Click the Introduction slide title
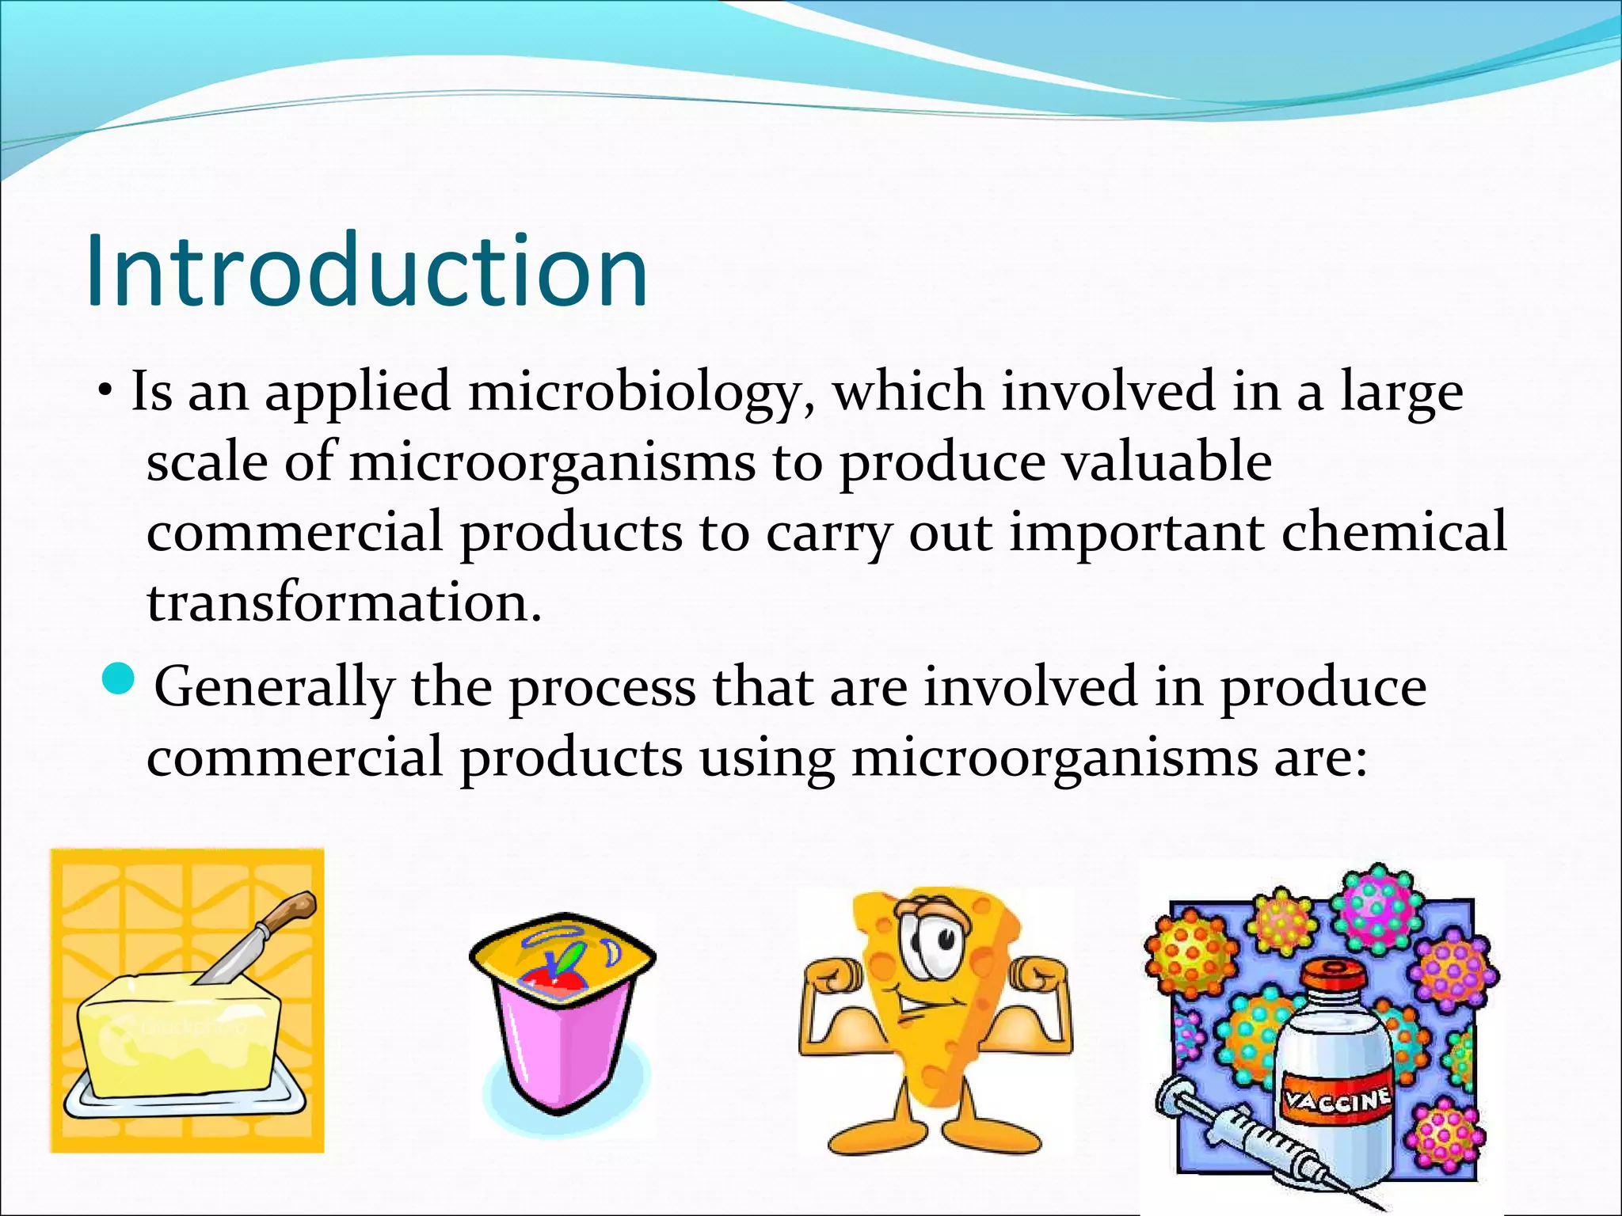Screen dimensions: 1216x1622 366,271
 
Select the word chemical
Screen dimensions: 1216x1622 1394,532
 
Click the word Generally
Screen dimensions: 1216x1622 273,687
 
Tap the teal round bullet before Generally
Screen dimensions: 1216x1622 120,679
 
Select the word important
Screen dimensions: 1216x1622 1136,532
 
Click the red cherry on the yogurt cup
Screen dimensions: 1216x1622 546,982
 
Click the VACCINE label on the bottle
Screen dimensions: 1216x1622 1337,1100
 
